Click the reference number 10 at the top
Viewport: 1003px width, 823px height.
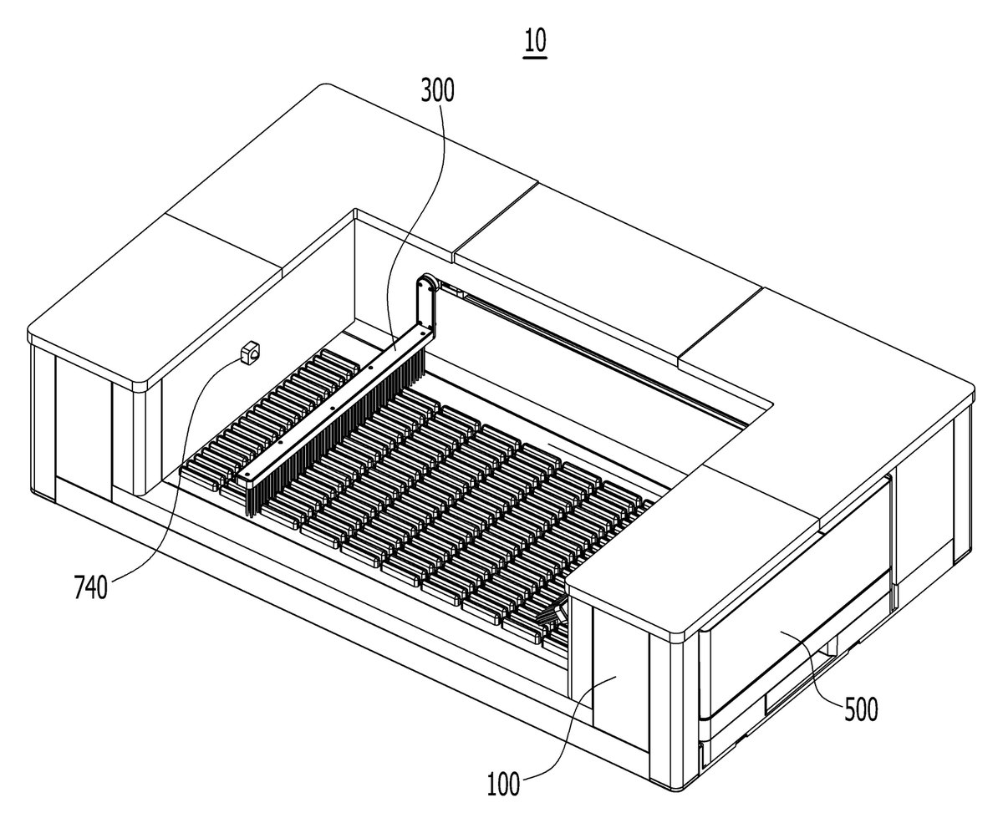(x=536, y=40)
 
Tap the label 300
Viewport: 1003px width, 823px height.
(x=437, y=91)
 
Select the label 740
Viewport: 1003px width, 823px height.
(x=91, y=588)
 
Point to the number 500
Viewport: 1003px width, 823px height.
(x=861, y=710)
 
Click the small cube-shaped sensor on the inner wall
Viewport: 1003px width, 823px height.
(x=251, y=353)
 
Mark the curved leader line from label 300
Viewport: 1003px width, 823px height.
(x=419, y=223)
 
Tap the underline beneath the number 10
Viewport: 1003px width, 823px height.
(x=536, y=57)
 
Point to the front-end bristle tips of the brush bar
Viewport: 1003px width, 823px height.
(x=252, y=503)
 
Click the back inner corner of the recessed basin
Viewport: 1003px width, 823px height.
(x=354, y=211)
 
